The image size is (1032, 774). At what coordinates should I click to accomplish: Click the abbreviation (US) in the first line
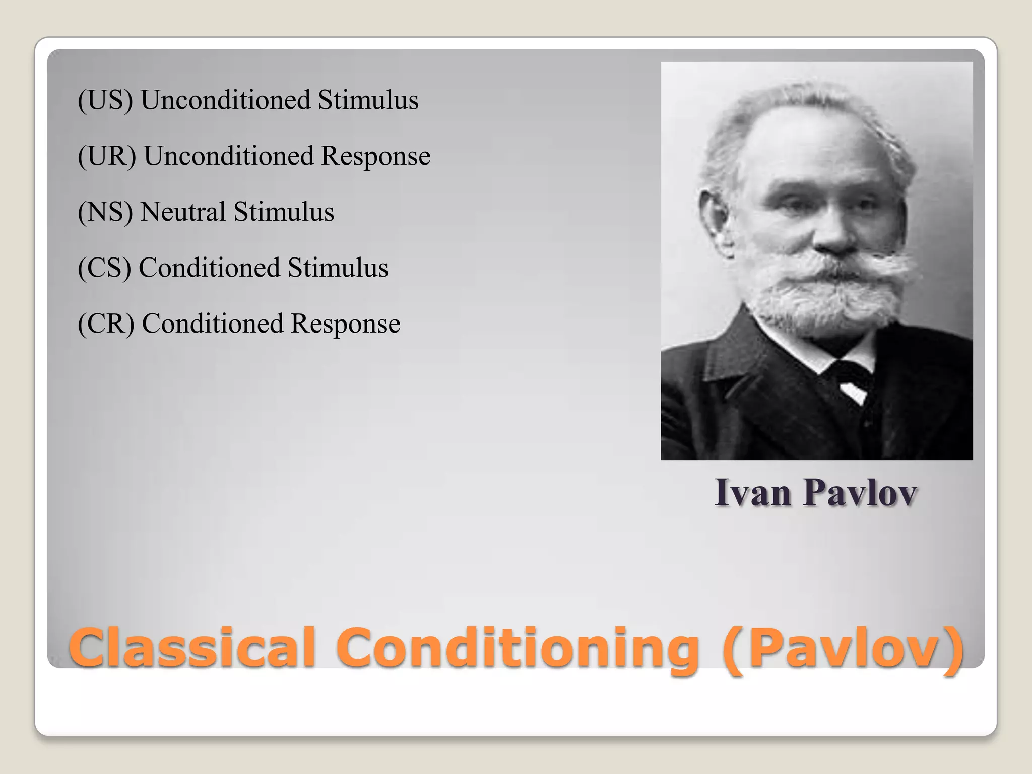[105, 100]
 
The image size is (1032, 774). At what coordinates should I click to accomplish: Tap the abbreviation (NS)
[105, 212]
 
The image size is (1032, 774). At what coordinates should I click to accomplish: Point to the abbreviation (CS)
[104, 268]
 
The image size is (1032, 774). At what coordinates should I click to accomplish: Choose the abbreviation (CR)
[106, 324]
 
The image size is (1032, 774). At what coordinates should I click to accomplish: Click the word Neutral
[182, 212]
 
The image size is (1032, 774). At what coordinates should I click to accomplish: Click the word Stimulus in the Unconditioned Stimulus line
[368, 100]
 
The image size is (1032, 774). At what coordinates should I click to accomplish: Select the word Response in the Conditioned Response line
[345, 324]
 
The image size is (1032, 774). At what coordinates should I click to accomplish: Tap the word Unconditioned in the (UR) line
[228, 156]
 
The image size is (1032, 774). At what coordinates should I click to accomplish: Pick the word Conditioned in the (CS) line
[209, 268]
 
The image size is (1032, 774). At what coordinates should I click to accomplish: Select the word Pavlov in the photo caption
[860, 492]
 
